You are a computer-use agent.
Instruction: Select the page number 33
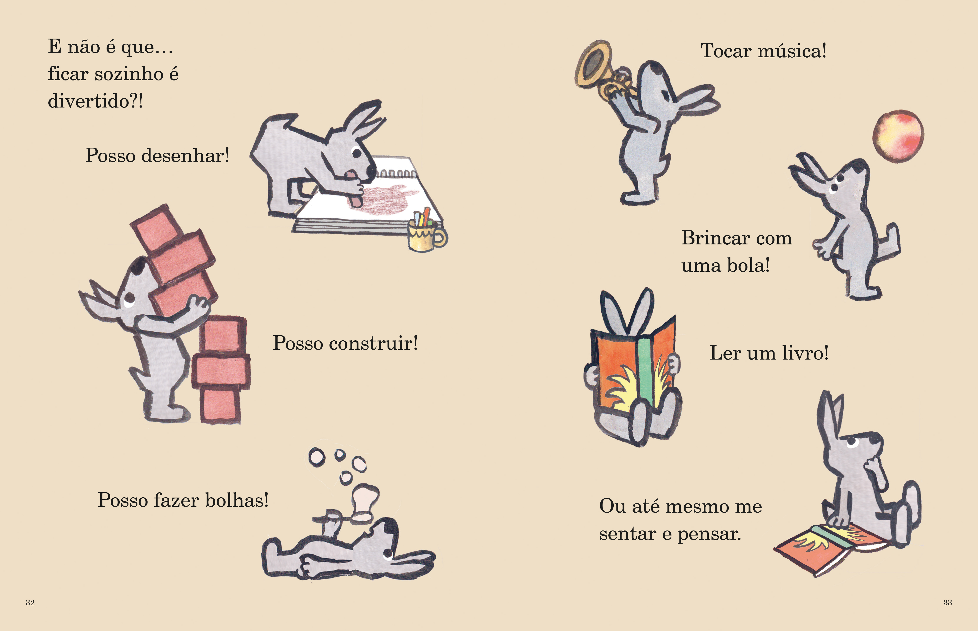(947, 602)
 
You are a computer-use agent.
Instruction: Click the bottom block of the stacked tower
(220, 405)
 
